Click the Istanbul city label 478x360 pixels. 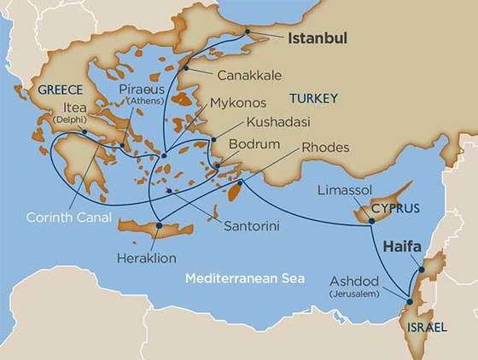pos(321,38)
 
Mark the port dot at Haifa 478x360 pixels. pos(419,271)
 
